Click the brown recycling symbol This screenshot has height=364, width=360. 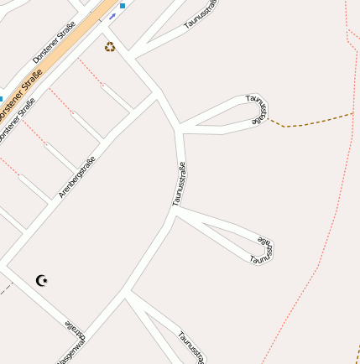pos(110,47)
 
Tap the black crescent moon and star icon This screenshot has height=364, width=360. pos(42,281)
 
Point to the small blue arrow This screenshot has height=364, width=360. pos(112,15)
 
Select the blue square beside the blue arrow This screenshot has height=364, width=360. pos(123,6)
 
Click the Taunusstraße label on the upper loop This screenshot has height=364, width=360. pos(258,111)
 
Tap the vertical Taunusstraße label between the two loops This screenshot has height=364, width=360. pos(178,184)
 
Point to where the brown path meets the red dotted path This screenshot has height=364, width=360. pos(353,113)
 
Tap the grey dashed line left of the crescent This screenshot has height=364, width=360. pos(6,289)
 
